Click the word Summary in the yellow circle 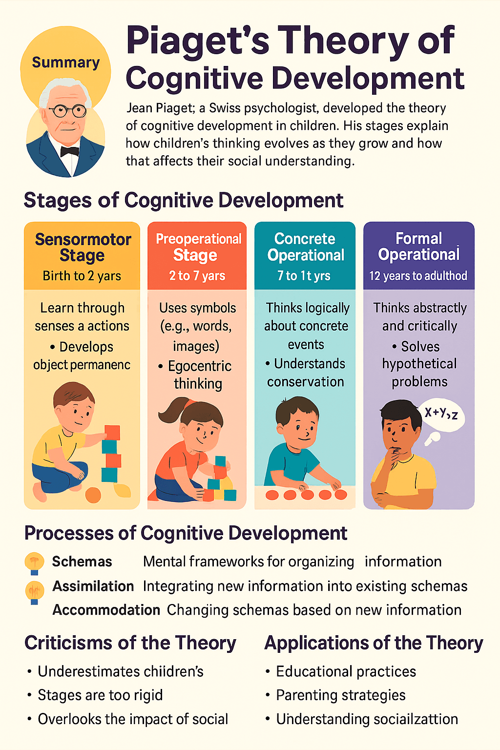pyautogui.click(x=66, y=62)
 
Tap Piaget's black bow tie pyautogui.click(x=70, y=151)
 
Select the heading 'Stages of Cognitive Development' pyautogui.click(x=183, y=201)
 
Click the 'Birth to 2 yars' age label pyautogui.click(x=82, y=276)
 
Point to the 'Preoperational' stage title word pyautogui.click(x=198, y=239)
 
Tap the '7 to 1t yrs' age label pyautogui.click(x=304, y=276)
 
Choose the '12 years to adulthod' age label pyautogui.click(x=418, y=276)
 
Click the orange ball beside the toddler pyautogui.click(x=93, y=495)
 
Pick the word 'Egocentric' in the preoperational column pyautogui.click(x=200, y=366)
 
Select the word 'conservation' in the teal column pyautogui.click(x=306, y=382)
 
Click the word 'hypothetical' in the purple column pyautogui.click(x=419, y=364)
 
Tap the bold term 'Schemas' pyautogui.click(x=82, y=562)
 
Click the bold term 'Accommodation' pyautogui.click(x=106, y=610)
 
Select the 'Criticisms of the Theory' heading pyautogui.click(x=130, y=643)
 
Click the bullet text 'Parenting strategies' pyautogui.click(x=341, y=695)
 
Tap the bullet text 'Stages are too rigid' pyautogui.click(x=100, y=695)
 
